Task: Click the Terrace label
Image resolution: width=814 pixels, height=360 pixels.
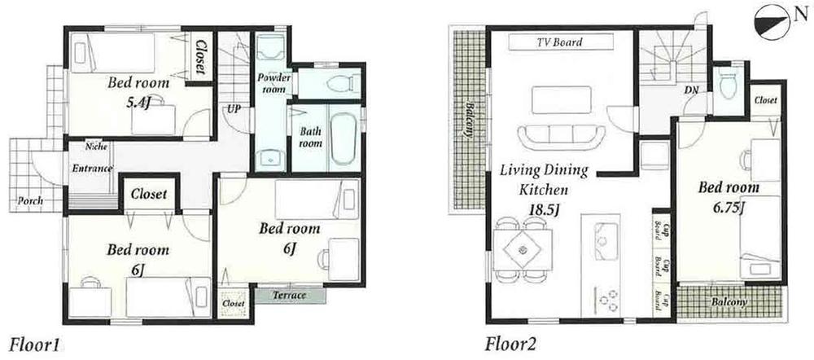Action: [x=290, y=295]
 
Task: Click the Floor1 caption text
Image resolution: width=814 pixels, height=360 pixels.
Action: [x=33, y=342]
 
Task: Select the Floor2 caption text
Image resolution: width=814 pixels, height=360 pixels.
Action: [x=510, y=342]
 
